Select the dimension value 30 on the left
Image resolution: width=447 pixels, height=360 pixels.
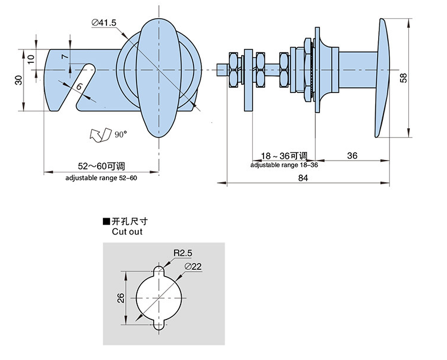pos(18,79)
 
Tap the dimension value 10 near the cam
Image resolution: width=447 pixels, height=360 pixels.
pos(31,59)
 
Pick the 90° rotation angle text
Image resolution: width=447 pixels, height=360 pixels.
pos(121,135)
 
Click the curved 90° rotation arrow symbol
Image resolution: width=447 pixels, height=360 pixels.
pos(100,135)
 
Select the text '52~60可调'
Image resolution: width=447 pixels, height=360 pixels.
pos(100,166)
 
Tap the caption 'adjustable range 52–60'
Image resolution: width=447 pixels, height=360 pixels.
pos(101,178)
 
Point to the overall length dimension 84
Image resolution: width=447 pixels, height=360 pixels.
pos(303,178)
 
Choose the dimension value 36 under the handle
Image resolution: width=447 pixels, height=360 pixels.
pos(352,155)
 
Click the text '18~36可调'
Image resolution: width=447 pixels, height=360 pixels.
pos(284,156)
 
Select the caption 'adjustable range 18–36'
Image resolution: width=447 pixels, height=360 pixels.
pos(284,165)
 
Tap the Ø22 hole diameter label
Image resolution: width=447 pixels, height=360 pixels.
pos(193,266)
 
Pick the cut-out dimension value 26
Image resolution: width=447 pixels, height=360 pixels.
pos(120,297)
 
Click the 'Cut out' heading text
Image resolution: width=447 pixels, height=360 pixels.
pos(127,232)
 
